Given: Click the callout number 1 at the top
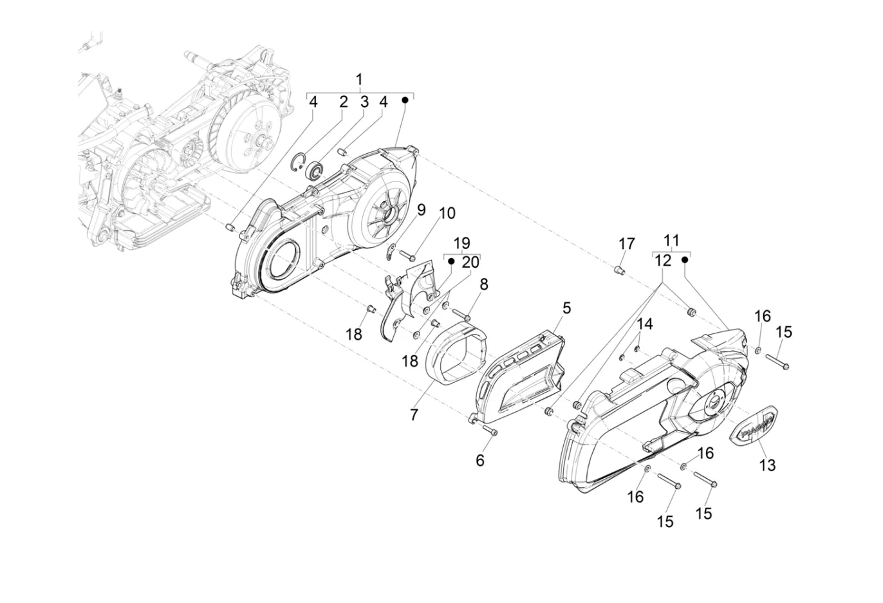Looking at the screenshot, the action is [359, 80].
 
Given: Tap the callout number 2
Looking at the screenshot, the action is [344, 102].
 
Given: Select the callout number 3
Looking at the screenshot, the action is [365, 102].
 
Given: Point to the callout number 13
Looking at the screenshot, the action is [767, 465].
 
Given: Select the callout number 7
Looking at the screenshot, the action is [414, 414].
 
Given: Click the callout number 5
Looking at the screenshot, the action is [566, 308].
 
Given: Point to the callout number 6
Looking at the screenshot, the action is [479, 460].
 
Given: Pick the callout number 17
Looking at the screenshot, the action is [626, 244].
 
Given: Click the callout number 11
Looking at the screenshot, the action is [671, 240].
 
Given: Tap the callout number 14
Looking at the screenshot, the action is [645, 324].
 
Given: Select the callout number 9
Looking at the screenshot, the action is [422, 210].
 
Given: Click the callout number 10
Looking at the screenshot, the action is [447, 213].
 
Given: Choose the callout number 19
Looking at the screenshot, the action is [461, 243].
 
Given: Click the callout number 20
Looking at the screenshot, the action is [470, 262].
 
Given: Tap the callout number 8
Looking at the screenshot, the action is [484, 284].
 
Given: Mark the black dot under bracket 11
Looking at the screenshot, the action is [685, 260].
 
